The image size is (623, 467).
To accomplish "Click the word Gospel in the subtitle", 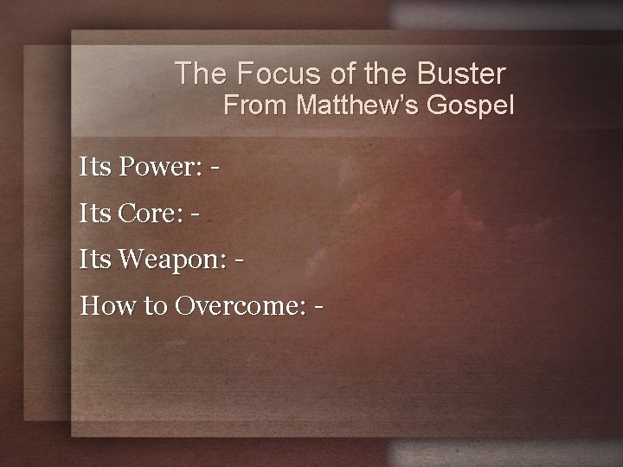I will tap(476, 106).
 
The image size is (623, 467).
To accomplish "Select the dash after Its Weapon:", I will tap(238, 260).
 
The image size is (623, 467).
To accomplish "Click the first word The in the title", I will tap(195, 73).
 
